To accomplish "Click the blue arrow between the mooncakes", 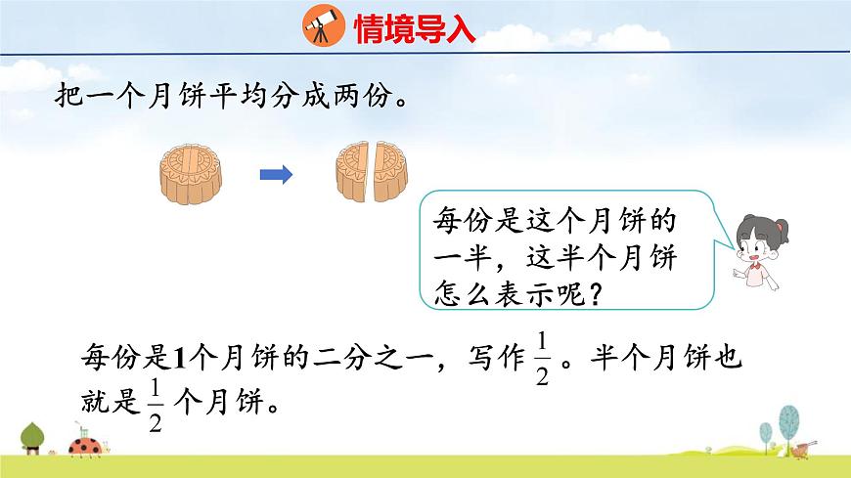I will click(277, 176).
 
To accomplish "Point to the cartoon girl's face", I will click(756, 243).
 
